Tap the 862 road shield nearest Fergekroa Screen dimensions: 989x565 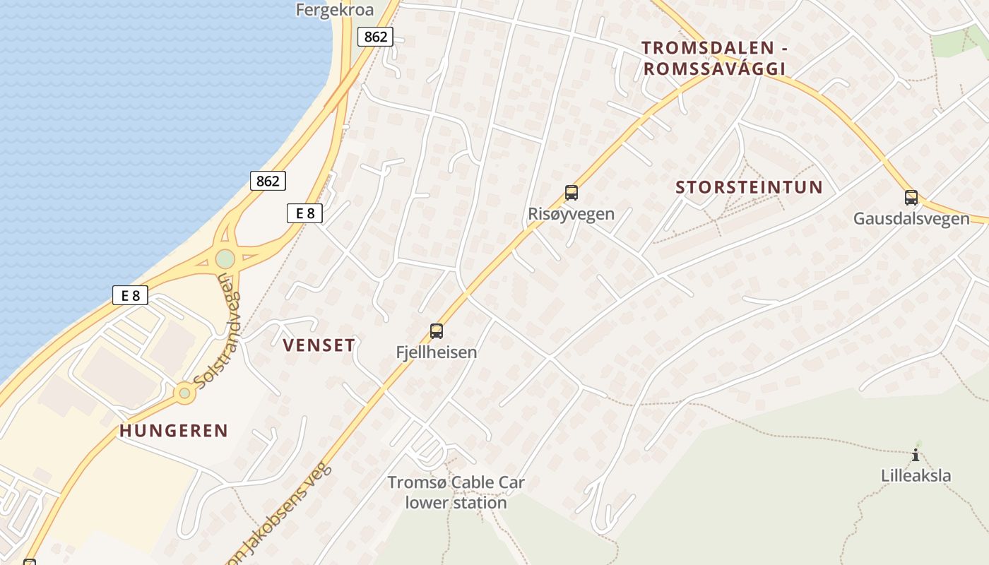coord(375,37)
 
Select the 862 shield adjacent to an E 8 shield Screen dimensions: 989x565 coord(268,181)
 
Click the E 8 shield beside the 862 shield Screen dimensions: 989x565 coord(305,213)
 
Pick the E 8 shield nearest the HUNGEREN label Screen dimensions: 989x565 coord(130,295)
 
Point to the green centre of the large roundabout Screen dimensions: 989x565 coord(225,259)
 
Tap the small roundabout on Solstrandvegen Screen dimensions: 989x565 coord(185,392)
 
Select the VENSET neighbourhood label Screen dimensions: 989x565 coord(319,345)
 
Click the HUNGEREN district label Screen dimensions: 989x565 coord(174,431)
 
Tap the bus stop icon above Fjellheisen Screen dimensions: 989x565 coord(437,331)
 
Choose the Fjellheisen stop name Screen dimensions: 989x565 coord(437,352)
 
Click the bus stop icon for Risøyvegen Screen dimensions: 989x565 coord(572,193)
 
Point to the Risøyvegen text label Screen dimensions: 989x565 coord(572,213)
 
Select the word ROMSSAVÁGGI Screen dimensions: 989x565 coord(714,69)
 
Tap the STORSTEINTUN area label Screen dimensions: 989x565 coord(750,187)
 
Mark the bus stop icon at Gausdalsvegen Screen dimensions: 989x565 coord(911,198)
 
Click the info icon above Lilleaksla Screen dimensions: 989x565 coord(916,455)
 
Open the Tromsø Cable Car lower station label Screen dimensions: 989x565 coord(456,492)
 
